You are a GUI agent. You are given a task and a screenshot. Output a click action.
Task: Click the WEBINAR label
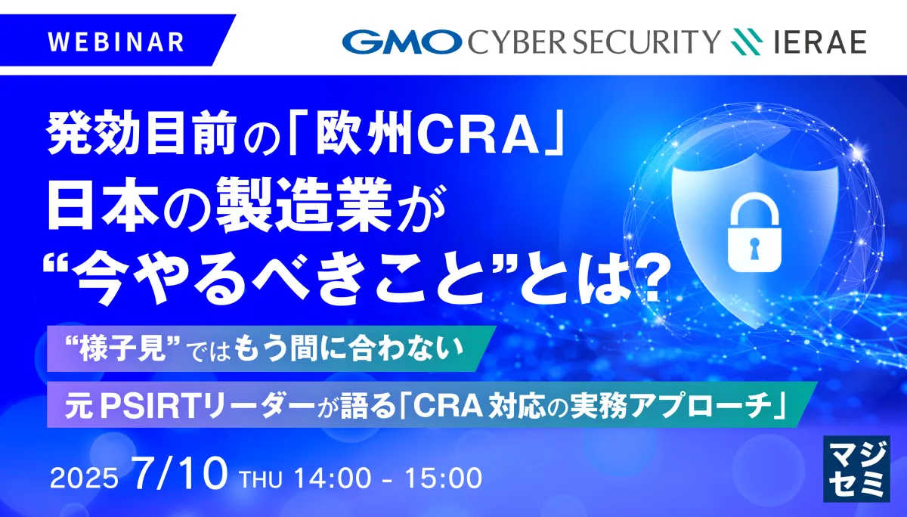(x=116, y=42)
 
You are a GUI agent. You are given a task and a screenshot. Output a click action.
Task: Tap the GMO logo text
(x=402, y=42)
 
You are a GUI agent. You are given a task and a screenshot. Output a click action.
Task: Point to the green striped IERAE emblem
(x=747, y=42)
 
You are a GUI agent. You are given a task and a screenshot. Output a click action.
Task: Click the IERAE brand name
(x=820, y=42)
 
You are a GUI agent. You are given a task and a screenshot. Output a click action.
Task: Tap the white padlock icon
(x=754, y=231)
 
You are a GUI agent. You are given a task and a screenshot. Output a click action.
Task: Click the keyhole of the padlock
(x=754, y=248)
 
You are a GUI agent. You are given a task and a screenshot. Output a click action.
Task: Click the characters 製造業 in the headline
(x=304, y=206)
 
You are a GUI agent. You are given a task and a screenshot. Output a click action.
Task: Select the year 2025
(x=84, y=478)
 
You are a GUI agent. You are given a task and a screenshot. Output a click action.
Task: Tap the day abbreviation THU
(x=262, y=479)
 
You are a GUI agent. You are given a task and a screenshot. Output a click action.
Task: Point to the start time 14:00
(x=333, y=478)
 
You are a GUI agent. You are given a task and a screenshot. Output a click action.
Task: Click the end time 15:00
(x=444, y=478)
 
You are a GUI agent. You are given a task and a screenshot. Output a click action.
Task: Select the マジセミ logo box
(x=857, y=469)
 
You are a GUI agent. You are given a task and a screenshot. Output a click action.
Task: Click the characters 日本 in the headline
(x=102, y=206)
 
